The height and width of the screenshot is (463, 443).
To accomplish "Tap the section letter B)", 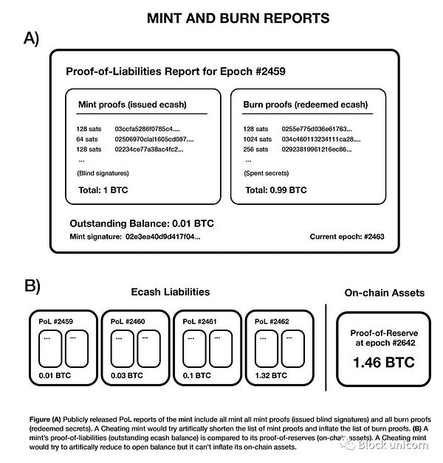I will tap(32, 285).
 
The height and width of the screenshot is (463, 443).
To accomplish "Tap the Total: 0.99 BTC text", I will tap(275, 189).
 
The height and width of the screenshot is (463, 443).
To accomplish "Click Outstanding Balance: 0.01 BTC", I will tap(141, 222).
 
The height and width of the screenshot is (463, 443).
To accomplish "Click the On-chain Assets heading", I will tap(385, 293).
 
